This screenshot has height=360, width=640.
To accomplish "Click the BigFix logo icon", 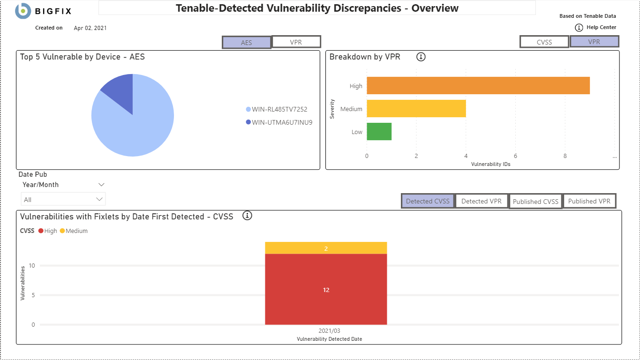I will [23, 10].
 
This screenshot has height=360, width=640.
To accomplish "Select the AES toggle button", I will [247, 43].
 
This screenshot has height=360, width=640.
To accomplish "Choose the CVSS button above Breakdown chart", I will [544, 42].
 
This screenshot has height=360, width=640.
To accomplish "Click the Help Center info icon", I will [579, 28].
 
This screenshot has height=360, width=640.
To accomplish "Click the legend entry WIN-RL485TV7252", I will [279, 109].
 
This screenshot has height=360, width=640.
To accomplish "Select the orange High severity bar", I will [478, 86].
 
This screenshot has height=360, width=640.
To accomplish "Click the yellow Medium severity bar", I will [416, 109].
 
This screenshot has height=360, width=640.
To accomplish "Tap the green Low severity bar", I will [379, 132].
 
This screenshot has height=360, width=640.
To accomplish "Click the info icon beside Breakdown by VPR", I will [421, 57].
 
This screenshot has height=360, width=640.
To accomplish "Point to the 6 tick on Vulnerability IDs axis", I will [515, 156].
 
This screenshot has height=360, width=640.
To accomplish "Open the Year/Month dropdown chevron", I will [101, 185].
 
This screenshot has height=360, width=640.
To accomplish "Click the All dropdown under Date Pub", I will [63, 199].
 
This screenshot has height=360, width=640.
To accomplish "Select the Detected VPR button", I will [482, 201].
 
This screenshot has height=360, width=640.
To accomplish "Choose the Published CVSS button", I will [535, 202].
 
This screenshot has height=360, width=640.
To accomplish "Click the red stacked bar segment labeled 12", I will [326, 289].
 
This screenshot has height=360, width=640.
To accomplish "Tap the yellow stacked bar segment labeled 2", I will [326, 248].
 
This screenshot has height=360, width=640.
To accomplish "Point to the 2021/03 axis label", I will [329, 331].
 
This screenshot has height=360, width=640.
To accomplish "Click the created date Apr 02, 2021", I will [90, 28].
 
